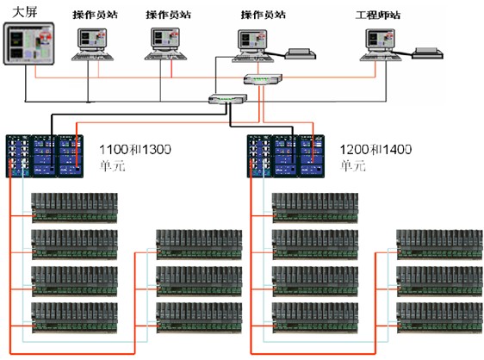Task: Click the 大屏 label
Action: click(x=25, y=12)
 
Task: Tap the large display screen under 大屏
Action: click(x=28, y=43)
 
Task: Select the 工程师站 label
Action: click(x=378, y=16)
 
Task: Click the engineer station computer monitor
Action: click(x=381, y=40)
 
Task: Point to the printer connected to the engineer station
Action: click(x=428, y=53)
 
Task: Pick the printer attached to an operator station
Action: click(x=301, y=53)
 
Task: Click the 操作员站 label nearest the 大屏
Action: click(x=96, y=15)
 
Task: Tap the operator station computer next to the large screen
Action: click(x=92, y=44)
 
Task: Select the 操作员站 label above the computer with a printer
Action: click(x=264, y=15)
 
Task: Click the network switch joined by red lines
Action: click(x=263, y=79)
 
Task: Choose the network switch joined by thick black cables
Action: click(x=228, y=99)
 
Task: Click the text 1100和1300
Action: click(x=135, y=150)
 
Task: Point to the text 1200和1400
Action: click(x=375, y=150)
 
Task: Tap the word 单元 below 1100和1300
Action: click(x=112, y=166)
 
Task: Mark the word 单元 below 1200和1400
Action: click(x=353, y=166)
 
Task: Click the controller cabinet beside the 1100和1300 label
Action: click(x=45, y=156)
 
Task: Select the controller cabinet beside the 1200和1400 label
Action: click(x=286, y=156)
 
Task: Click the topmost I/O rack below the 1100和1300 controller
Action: click(x=75, y=208)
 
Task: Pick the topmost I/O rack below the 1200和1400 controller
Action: click(x=315, y=208)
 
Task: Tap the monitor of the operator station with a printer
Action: click(x=252, y=40)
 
